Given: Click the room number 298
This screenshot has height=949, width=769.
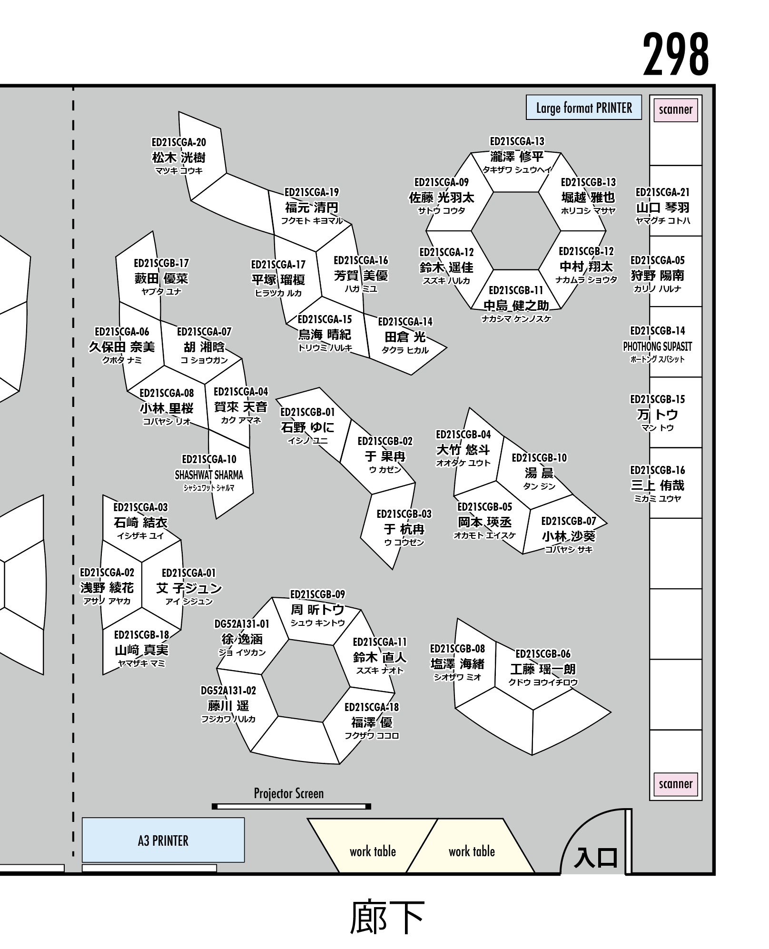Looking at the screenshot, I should point(675,55).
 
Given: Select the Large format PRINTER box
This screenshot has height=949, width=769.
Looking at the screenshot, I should point(583,108).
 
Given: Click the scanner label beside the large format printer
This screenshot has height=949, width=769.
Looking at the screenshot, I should point(675,110).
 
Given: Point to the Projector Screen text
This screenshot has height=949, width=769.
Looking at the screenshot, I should point(288,793).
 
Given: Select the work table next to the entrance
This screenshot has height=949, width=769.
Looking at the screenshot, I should point(471,851).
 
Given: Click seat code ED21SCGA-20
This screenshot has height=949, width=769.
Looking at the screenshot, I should point(178,142).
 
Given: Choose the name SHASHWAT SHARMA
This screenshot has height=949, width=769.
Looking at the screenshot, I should point(209,475).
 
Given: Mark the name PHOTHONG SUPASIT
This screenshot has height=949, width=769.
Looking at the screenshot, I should point(657,346).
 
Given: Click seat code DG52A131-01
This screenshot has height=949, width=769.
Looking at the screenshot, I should point(242,624).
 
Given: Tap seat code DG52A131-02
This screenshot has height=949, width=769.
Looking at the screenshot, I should point(228,691).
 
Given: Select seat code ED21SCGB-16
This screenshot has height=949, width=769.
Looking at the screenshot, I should point(657,470).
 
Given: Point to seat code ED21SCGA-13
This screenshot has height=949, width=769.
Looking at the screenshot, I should point(517,141).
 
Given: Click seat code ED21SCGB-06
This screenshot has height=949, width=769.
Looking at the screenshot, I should point(543,654).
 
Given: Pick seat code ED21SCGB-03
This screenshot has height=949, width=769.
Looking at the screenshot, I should point(404,514).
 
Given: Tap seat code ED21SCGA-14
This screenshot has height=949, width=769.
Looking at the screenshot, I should point(405,322).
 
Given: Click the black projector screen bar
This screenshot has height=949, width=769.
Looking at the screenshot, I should point(291,806).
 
